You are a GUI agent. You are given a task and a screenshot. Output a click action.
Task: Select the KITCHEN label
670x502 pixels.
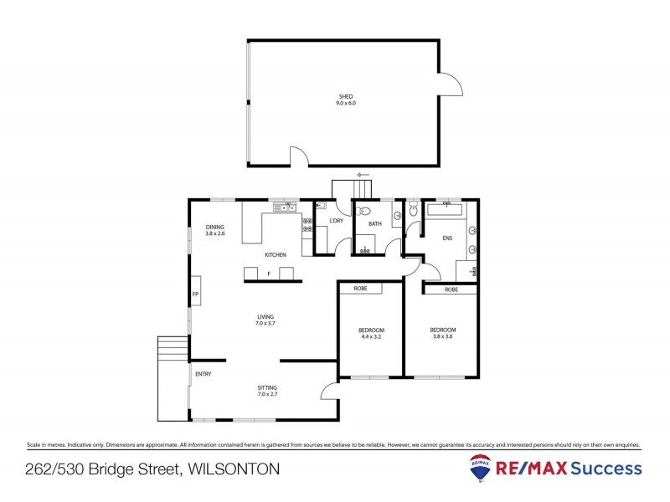click(x=276, y=254)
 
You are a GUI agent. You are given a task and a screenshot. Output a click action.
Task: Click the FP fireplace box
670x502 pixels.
click(x=195, y=295)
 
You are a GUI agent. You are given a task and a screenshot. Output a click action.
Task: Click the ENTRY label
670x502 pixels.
click(x=203, y=374)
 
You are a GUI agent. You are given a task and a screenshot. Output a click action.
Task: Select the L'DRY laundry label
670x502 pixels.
click(x=337, y=221)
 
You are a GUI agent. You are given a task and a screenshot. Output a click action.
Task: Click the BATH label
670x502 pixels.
click(x=374, y=223)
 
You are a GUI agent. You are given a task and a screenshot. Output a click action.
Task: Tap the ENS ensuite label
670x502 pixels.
click(x=447, y=238)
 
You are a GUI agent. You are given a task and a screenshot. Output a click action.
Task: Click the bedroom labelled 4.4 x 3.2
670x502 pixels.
click(x=371, y=333)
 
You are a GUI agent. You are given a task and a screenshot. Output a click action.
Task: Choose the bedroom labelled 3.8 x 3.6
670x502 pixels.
click(x=442, y=332)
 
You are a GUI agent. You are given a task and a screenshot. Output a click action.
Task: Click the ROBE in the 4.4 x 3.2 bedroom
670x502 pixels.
click(x=360, y=289)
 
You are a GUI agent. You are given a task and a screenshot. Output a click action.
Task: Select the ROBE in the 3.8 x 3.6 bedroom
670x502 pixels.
click(x=451, y=289)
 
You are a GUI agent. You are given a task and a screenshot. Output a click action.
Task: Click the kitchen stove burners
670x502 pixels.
click(x=307, y=224)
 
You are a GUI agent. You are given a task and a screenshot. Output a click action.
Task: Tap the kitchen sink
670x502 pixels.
click(x=290, y=207)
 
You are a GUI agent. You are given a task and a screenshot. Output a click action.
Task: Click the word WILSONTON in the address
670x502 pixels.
click(x=233, y=469)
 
